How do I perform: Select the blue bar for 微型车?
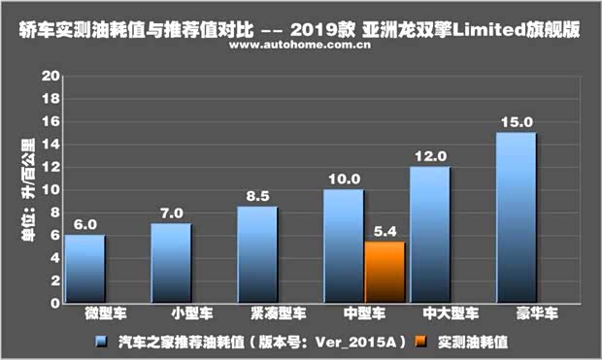tap(85, 268)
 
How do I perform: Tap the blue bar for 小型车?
tap(171, 263)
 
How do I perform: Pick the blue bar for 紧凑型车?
tap(257, 254)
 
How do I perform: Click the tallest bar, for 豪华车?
tap(516, 217)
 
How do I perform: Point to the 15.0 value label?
tap(516, 122)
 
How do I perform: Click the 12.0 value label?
tap(429, 156)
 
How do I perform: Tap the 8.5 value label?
tap(257, 196)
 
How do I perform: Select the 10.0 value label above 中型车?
tap(344, 180)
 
